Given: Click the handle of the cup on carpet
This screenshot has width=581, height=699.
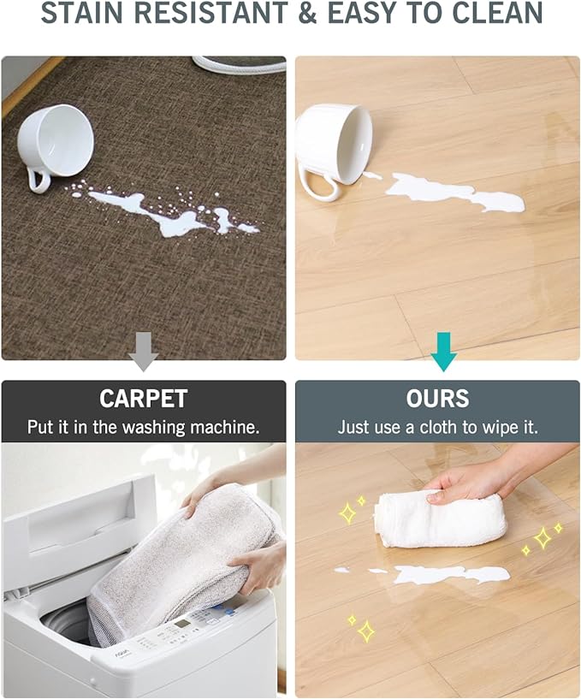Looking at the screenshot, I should (x=37, y=178).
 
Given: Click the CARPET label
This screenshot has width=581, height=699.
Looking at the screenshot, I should (x=143, y=399).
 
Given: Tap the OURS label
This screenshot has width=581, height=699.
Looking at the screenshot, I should (x=437, y=399).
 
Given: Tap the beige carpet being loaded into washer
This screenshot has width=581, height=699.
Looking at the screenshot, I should (x=188, y=556).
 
